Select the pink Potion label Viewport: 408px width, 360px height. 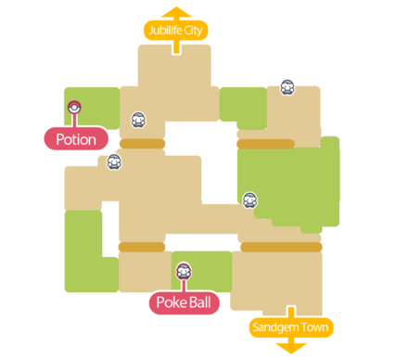[x=75, y=139]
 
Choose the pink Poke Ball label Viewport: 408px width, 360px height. [x=184, y=303]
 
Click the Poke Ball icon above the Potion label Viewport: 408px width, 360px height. [x=75, y=107]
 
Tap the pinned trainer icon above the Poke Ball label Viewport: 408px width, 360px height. [x=184, y=272]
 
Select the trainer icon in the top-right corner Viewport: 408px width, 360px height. [x=287, y=87]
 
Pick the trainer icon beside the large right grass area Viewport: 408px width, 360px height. [x=249, y=199]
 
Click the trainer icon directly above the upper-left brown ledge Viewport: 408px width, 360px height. [x=138, y=119]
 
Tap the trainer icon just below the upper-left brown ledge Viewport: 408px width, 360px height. [x=114, y=161]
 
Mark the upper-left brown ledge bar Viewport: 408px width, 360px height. [x=142, y=144]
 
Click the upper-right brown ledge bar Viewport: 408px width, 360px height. [x=264, y=144]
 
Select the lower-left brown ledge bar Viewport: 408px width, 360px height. [x=141, y=247]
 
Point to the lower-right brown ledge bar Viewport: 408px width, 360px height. [x=281, y=247]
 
